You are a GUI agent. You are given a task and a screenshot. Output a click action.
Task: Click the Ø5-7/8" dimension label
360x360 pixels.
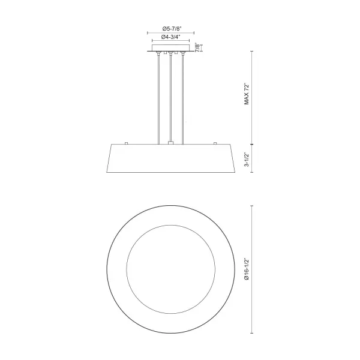click(x=172, y=29)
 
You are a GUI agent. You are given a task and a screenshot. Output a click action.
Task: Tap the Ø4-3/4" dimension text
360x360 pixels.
click(x=170, y=37)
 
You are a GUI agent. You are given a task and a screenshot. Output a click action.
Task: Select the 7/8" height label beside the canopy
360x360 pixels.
click(x=197, y=47)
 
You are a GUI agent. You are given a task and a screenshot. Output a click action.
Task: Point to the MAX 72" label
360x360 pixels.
click(x=247, y=95)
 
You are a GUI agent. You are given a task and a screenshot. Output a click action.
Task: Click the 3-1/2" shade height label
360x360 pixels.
click(x=247, y=159)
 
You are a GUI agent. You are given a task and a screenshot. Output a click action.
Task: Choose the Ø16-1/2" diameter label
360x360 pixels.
click(x=247, y=269)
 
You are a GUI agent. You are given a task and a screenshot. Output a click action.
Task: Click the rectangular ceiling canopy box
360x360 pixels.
click(x=171, y=48)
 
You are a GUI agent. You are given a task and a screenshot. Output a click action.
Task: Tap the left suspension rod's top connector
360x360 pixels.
click(x=158, y=54)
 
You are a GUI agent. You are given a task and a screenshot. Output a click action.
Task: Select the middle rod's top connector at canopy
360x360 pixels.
click(x=170, y=54)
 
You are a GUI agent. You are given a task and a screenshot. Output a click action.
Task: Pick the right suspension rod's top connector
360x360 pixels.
click(x=183, y=54)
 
